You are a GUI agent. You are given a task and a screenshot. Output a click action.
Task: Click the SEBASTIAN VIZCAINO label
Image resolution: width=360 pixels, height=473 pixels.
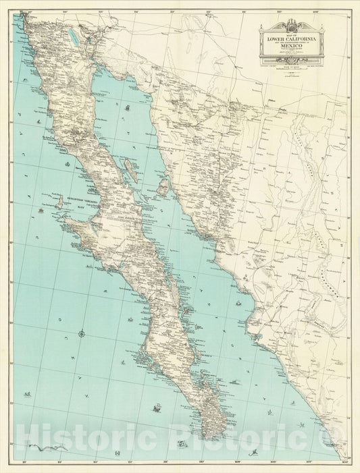click(x=83, y=200)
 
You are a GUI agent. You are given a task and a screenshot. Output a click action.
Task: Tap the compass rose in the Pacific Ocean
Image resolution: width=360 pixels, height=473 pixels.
click(x=82, y=333)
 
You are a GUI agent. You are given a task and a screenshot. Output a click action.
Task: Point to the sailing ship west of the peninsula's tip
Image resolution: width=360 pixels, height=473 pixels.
click(x=157, y=407)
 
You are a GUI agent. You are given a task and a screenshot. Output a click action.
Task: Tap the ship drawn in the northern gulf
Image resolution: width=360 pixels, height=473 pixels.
click(x=126, y=106)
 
